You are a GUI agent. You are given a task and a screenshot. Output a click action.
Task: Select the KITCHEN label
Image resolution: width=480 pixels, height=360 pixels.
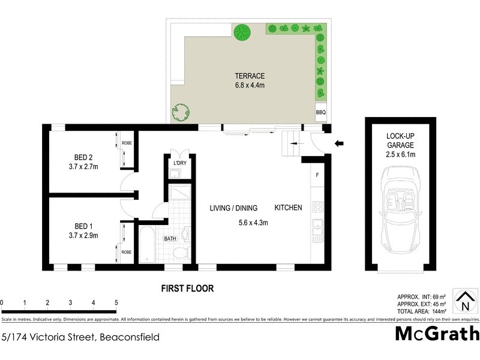(288, 208)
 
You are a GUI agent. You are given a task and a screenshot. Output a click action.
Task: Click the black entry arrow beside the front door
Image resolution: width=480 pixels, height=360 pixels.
(339, 143)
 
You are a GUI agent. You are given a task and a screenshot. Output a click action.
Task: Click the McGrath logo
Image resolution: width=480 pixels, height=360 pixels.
(437, 334)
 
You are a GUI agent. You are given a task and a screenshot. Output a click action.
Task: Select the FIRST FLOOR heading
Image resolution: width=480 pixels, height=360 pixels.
(187, 288)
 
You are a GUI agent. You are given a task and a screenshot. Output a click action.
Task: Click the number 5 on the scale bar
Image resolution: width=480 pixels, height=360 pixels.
(116, 302)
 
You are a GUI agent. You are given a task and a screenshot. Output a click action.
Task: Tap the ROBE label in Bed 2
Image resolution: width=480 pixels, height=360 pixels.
(127, 144)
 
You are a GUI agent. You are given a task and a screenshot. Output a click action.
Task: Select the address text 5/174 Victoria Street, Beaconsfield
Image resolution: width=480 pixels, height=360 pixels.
(80, 337)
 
